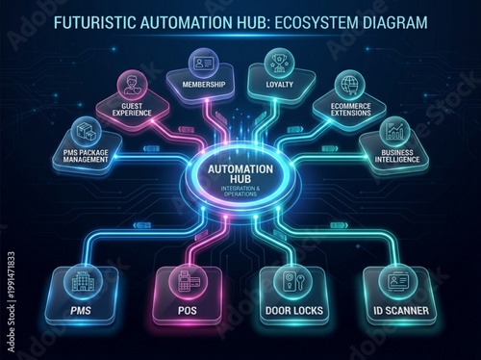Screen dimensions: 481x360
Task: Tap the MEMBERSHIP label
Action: (x=205, y=85)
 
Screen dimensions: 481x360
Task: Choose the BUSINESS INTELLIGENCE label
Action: (x=394, y=155)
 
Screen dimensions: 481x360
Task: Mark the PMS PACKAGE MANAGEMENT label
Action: (x=87, y=156)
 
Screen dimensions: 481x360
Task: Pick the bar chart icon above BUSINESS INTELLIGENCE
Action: (x=394, y=130)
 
